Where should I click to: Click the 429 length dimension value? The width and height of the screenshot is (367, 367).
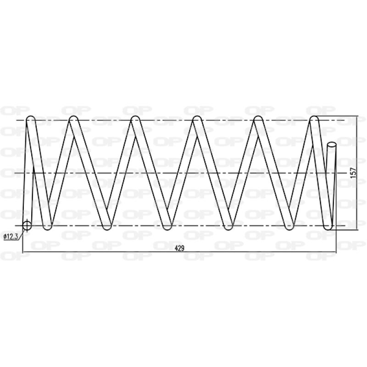[x=179, y=248]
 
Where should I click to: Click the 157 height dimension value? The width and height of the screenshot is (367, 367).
[x=353, y=172]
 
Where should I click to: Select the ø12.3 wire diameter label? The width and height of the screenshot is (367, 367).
[x=11, y=236]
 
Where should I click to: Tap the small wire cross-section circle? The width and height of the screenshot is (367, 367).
[x=27, y=225]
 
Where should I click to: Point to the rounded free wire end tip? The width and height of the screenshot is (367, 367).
[x=332, y=145]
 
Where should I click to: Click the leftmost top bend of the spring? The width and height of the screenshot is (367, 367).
[x=31, y=119]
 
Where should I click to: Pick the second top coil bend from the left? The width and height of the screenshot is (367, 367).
[x=73, y=119]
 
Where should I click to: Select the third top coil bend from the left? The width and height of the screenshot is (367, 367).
[x=135, y=119]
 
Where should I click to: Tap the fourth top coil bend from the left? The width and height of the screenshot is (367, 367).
[x=197, y=119]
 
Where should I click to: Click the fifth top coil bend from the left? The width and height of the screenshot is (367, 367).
[x=258, y=119]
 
